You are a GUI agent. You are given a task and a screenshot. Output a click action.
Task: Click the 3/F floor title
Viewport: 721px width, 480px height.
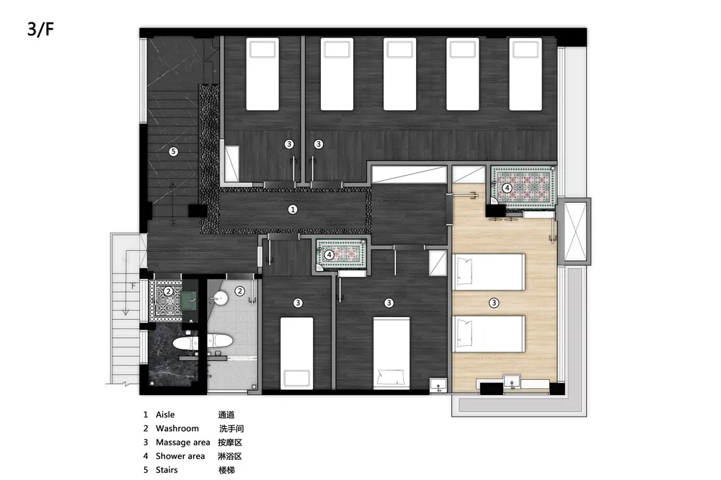(x=40, y=29)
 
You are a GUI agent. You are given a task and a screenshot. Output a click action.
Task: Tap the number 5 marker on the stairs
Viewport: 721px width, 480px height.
(x=173, y=151)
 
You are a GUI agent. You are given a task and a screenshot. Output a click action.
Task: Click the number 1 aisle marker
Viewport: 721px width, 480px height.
(x=293, y=210)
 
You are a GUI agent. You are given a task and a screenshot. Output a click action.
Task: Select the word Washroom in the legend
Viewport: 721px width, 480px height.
(x=177, y=429)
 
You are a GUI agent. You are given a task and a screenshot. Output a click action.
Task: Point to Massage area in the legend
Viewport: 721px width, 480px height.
(x=182, y=443)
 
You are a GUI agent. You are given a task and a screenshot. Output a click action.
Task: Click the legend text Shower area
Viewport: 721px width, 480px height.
(x=180, y=456)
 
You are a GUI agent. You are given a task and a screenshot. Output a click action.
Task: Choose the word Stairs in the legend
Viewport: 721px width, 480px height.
(x=167, y=470)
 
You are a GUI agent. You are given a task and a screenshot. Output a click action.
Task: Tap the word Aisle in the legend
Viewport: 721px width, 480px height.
(x=165, y=414)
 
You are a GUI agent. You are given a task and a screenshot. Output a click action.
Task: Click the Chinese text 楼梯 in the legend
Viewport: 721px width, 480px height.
(x=226, y=470)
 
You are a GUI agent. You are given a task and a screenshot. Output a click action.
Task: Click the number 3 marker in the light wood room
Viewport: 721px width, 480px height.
(x=494, y=303)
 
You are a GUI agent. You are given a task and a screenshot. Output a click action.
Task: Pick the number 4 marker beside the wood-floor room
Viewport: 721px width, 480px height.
(x=507, y=187)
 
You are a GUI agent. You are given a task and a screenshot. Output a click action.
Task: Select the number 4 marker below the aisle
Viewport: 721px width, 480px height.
(x=329, y=254)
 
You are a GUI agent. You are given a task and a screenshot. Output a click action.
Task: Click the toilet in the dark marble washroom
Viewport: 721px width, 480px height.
(x=185, y=343)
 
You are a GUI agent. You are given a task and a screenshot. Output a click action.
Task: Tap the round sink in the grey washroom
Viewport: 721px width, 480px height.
(x=220, y=299)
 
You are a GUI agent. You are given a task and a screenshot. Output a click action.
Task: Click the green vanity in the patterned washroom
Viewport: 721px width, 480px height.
(x=189, y=301)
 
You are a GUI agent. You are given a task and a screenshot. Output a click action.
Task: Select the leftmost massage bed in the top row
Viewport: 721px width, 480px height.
(x=262, y=74)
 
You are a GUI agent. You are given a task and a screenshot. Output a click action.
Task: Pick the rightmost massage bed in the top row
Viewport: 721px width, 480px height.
(x=526, y=74)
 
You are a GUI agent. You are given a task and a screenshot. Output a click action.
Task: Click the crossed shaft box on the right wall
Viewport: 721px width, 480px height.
(x=575, y=231)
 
